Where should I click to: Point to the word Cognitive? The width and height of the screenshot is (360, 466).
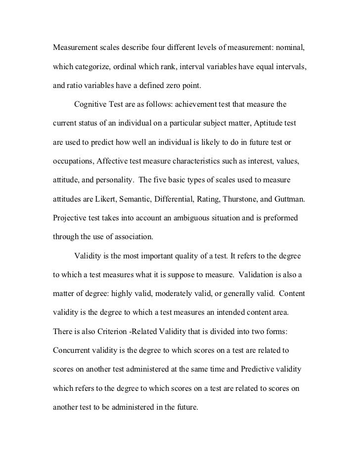[x=91, y=105]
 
